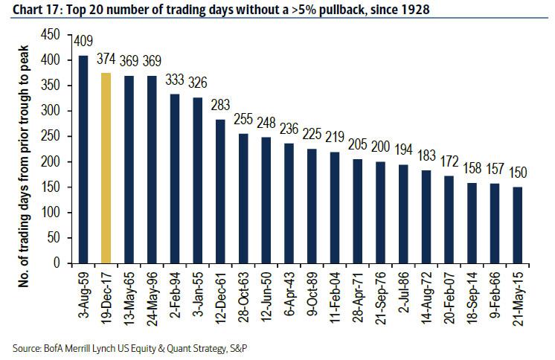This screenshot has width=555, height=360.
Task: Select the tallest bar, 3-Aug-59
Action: tap(83, 159)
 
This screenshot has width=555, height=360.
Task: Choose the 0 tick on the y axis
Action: tap(55, 263)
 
